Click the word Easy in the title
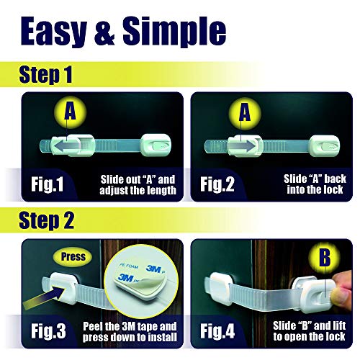pos(53,32)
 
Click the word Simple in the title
pos(174,32)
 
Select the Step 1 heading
pos(45,75)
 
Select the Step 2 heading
pos(47,220)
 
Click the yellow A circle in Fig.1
pos(70,112)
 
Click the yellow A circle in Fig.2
pos(245,113)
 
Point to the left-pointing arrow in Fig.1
pos(67,146)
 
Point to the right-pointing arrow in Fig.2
pos(242,146)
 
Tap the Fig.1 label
pos(47,184)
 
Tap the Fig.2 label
pos(217,184)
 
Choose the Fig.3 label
pos(48,331)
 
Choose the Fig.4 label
pos(217,331)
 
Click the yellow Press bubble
pos(73,256)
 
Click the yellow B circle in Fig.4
pos(324,258)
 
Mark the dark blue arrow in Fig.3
pos(45,297)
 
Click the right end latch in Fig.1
pos(156,145)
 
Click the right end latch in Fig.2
pos(325,145)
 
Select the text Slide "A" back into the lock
pos(315,184)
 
